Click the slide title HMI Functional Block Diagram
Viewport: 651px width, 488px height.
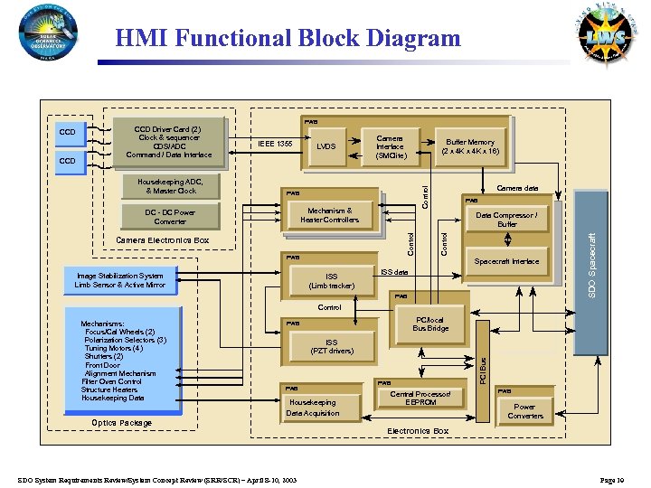[288, 38]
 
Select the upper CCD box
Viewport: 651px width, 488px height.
[68, 133]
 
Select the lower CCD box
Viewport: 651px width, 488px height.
[68, 161]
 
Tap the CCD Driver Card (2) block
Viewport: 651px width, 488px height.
[167, 142]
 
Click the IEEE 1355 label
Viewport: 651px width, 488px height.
[274, 144]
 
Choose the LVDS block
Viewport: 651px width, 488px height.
[326, 145]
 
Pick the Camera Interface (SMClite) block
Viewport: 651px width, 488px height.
[390, 146]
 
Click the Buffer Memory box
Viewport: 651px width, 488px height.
[469, 146]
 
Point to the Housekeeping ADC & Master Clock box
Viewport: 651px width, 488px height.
[170, 186]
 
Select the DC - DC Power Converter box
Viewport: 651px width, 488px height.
[170, 216]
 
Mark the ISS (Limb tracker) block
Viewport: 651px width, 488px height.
[331, 281]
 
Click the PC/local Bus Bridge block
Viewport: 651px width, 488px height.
[430, 324]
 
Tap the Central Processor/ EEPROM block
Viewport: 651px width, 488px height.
[420, 399]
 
